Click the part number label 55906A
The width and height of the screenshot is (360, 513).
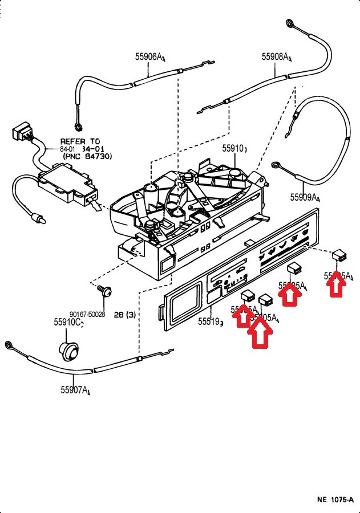149,56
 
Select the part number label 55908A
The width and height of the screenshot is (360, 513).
277,56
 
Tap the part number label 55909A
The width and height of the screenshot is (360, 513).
305,197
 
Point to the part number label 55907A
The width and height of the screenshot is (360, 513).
75,390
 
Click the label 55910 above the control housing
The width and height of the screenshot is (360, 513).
234,149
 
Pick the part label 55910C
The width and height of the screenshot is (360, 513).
68,323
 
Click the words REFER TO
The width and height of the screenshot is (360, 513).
80,141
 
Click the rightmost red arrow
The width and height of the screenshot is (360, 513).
337,283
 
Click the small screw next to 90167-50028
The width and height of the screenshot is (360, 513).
104,291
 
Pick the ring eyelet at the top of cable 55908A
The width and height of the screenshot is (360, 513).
290,23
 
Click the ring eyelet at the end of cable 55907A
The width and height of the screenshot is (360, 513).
9,344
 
